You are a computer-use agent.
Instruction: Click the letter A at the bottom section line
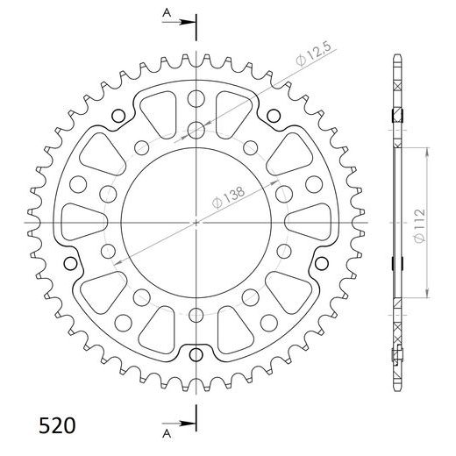[x=166, y=431]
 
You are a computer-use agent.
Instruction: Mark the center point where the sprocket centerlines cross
[x=196, y=223]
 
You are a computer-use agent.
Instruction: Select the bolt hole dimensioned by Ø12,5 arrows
[x=196, y=131]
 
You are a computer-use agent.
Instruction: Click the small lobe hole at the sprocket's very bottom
[x=196, y=354]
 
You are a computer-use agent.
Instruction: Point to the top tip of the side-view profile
[x=399, y=54]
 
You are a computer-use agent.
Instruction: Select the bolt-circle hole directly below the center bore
[x=196, y=315]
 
